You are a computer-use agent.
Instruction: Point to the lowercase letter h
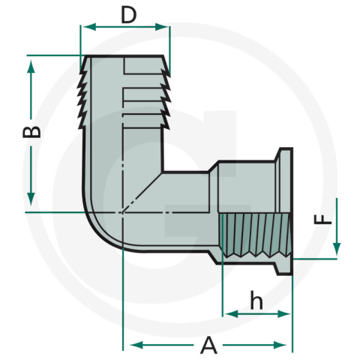coord(256,301)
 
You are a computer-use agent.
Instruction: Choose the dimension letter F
coord(320,220)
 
